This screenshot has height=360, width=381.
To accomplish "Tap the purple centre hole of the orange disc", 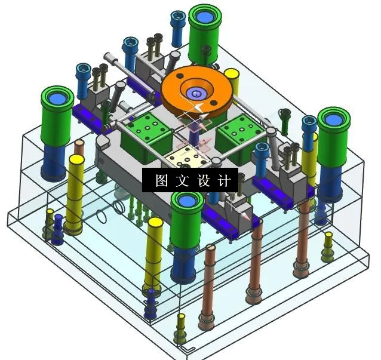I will (x=196, y=93).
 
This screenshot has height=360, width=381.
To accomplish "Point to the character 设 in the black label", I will (x=202, y=181).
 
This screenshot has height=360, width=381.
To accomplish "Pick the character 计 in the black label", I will (x=223, y=181).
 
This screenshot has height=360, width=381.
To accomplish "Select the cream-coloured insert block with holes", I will (x=188, y=156).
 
